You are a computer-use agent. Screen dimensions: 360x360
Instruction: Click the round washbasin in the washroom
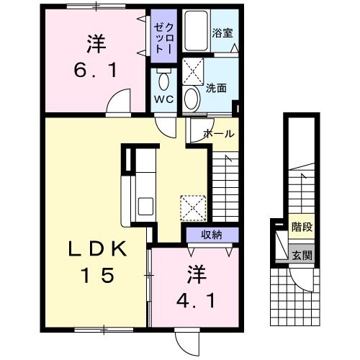(192, 97)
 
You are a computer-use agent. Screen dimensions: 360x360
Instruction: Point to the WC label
(161, 101)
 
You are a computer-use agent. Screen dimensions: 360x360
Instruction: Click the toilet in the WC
(161, 78)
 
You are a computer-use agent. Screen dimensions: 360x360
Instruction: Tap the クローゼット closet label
(160, 36)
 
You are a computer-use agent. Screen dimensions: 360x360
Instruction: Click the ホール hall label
(217, 134)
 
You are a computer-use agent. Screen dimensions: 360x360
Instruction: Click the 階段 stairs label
(301, 227)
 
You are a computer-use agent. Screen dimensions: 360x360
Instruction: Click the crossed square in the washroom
(194, 71)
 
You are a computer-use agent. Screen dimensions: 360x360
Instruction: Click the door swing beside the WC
(166, 128)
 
